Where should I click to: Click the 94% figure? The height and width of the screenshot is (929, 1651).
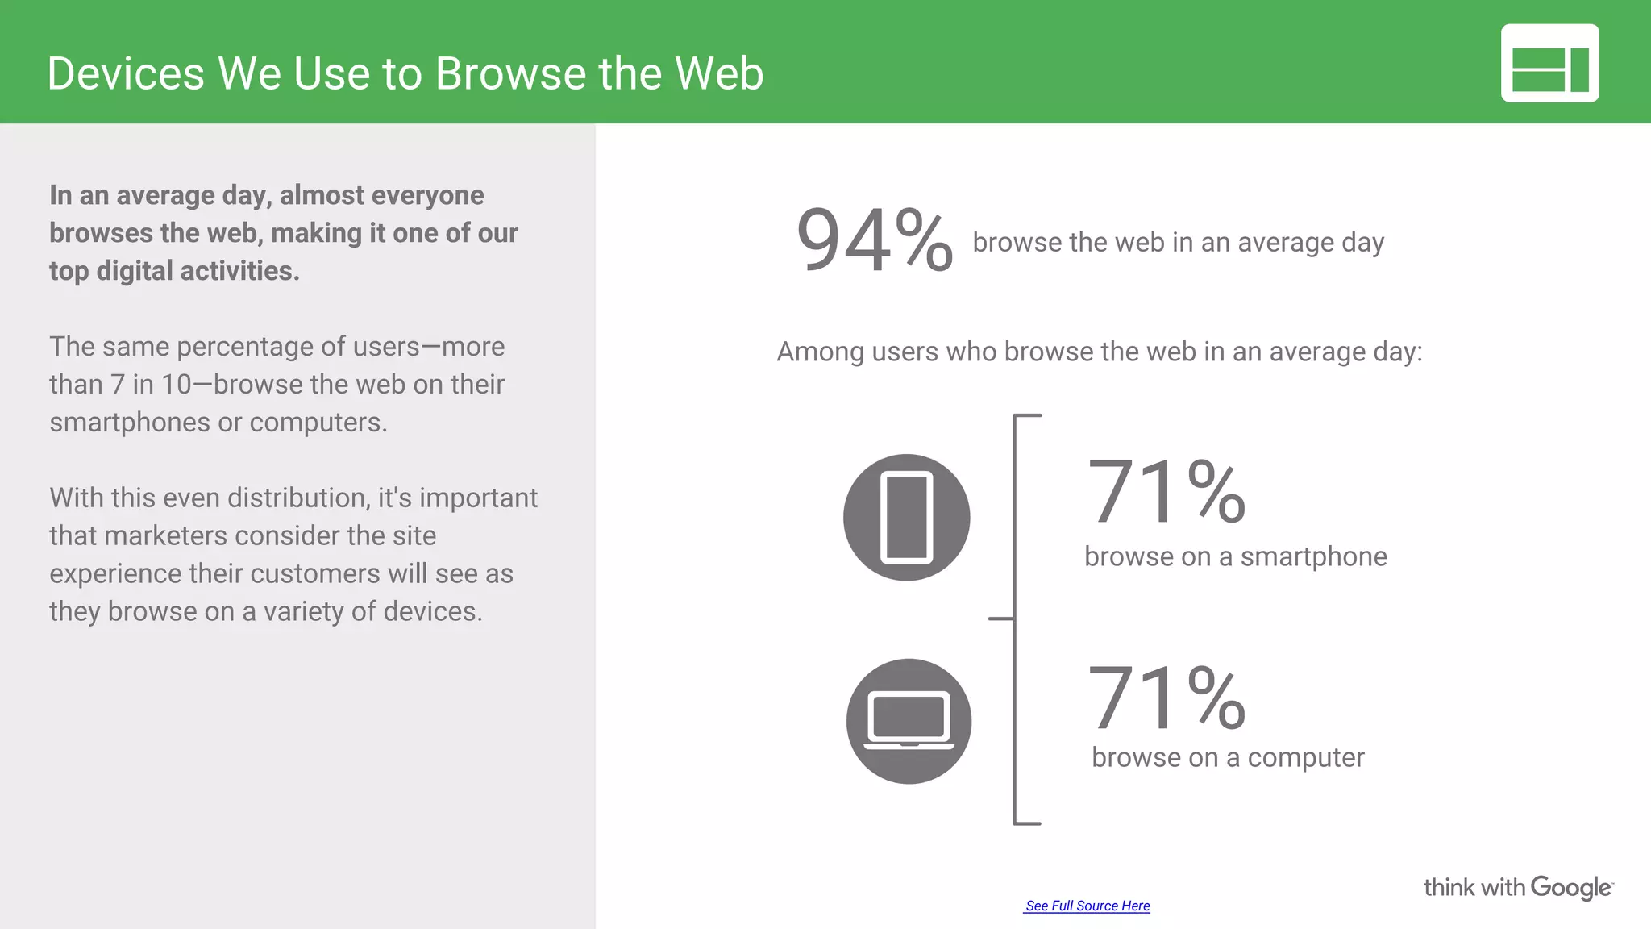tap(874, 240)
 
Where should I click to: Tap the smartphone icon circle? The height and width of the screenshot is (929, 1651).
tap(907, 518)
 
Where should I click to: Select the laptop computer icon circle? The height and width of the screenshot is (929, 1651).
tap(909, 721)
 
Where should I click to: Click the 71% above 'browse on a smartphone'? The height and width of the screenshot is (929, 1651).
tap(1166, 491)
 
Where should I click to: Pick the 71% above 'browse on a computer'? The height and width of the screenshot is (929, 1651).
tap(1166, 698)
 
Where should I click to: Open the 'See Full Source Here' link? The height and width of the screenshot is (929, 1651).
tap(1087, 906)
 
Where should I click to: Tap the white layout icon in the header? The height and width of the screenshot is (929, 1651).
tap(1549, 63)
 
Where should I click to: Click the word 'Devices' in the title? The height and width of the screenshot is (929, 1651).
tap(126, 73)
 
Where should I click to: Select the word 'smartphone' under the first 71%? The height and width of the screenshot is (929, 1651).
tap(1313, 557)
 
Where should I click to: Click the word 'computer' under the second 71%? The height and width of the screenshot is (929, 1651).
tap(1306, 758)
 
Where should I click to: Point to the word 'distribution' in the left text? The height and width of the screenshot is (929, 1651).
tap(299, 498)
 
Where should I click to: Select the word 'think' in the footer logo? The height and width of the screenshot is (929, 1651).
tap(1449, 888)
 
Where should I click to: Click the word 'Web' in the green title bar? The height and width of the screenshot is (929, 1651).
tap(719, 73)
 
